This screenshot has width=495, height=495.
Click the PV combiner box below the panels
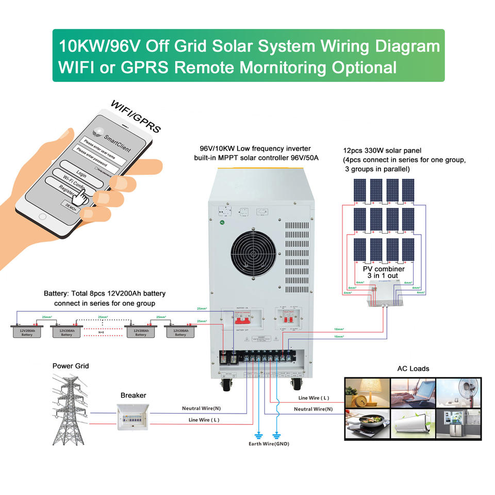pyautogui.click(x=382, y=295)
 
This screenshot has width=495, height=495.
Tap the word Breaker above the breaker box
pyautogui.click(x=133, y=395)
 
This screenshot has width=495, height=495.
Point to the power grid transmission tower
pyautogui.click(x=71, y=410)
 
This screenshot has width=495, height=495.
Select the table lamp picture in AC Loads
pyautogui.click(x=367, y=393)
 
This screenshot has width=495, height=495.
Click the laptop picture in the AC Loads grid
pyautogui.click(x=412, y=393)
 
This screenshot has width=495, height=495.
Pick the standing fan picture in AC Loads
pyautogui.click(x=458, y=393)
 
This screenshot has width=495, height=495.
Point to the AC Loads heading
pyautogui.click(x=413, y=369)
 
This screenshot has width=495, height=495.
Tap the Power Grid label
pyautogui.click(x=71, y=366)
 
